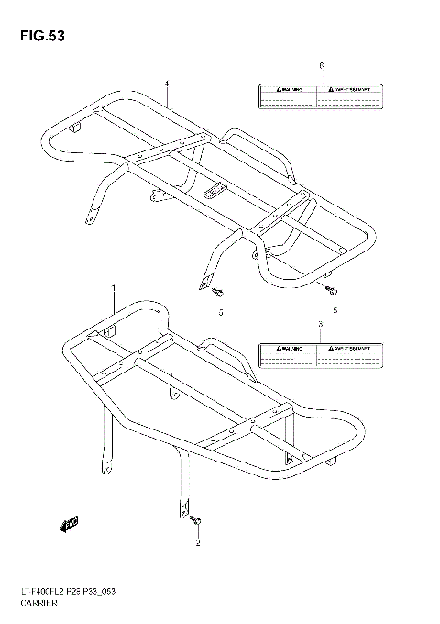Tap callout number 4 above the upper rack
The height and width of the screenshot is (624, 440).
pos(168,84)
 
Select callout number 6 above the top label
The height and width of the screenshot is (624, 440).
pos(321,66)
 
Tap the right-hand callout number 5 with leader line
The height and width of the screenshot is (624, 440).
pos(335,311)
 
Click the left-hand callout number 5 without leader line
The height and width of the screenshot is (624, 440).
pos(220,313)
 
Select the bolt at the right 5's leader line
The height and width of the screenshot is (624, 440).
pos(330,292)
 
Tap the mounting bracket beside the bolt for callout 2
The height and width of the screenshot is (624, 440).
pos(183,507)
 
